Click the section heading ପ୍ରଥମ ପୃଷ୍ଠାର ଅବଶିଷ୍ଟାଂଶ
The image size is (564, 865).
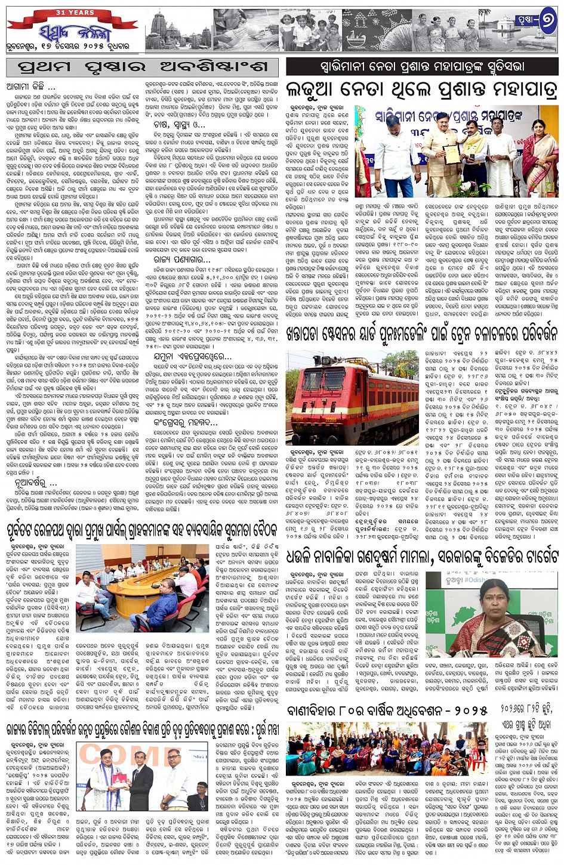click(x=143, y=67)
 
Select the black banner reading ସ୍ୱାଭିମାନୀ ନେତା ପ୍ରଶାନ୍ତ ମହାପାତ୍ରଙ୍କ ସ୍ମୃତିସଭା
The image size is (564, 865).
click(x=422, y=66)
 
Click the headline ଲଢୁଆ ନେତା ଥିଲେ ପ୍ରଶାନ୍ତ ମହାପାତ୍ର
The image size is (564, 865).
click(x=422, y=91)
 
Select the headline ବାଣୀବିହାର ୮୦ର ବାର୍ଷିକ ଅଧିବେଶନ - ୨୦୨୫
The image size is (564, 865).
click(x=388, y=710)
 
